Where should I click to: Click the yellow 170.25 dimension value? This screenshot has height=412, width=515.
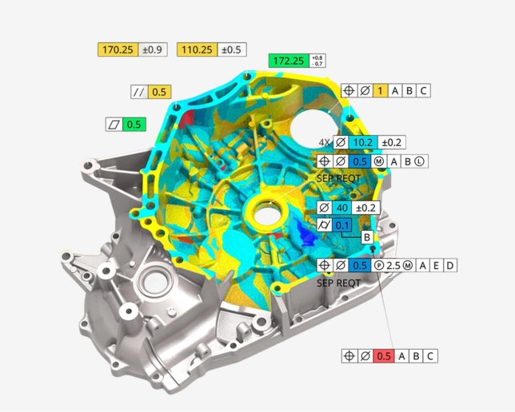point(118,50)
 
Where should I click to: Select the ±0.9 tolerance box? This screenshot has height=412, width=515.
point(153,50)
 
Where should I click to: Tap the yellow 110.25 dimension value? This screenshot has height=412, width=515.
point(197,50)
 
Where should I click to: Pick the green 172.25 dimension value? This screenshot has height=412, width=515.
point(289,61)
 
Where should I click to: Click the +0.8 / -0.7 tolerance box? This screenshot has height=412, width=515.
point(317,61)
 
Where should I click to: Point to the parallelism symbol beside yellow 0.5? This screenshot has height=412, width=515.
point(139,92)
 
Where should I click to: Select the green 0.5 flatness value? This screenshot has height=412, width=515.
point(134,125)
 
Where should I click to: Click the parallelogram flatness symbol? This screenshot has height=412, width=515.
point(114,125)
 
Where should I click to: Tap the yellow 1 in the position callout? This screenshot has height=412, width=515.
point(381,90)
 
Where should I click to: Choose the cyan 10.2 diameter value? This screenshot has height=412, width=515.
point(363,142)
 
